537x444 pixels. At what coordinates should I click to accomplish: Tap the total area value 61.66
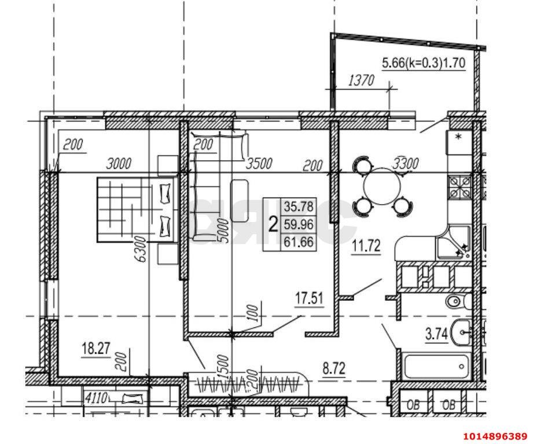(x=298, y=243)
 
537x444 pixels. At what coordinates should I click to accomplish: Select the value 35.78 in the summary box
(x=298, y=206)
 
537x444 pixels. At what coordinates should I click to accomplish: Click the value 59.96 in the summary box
(x=298, y=224)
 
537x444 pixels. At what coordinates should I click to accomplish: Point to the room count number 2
(x=272, y=224)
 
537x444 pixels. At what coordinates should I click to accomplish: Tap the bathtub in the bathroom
(x=436, y=367)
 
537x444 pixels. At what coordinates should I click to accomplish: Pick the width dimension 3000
(x=120, y=164)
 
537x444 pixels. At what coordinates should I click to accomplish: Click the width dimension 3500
(x=259, y=164)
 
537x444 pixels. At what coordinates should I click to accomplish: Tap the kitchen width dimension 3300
(x=405, y=164)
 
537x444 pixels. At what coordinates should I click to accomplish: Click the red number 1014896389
(x=495, y=435)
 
